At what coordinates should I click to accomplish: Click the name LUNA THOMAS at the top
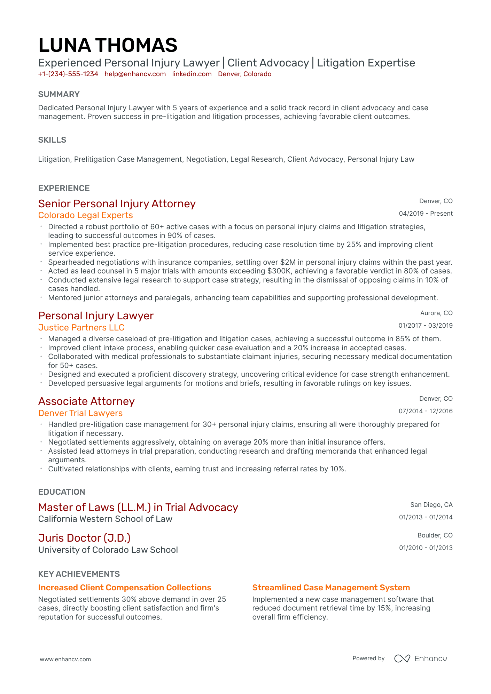pyautogui.click(x=108, y=46)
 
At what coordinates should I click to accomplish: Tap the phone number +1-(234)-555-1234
pyautogui.click(x=68, y=74)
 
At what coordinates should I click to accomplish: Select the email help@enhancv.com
pyautogui.click(x=135, y=74)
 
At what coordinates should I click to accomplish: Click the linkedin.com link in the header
pyautogui.click(x=192, y=74)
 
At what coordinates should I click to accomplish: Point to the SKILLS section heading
pyautogui.click(x=52, y=140)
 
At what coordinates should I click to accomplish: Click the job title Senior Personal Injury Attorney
pyautogui.click(x=117, y=204)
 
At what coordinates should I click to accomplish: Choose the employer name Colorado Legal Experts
pyautogui.click(x=85, y=215)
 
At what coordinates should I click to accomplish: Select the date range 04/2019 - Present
pyautogui.click(x=426, y=214)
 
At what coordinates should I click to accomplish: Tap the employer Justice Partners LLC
pyautogui.click(x=81, y=328)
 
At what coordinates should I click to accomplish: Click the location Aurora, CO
pyautogui.click(x=436, y=313)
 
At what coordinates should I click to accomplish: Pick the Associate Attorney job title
pyautogui.click(x=86, y=401)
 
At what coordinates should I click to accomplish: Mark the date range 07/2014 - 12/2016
pyautogui.click(x=426, y=411)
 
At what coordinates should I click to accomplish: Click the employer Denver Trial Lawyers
pyautogui.click(x=80, y=413)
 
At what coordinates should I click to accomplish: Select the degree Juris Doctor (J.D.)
pyautogui.click(x=84, y=538)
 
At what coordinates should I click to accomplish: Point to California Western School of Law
pyautogui.click(x=105, y=519)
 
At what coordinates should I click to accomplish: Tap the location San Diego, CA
pyautogui.click(x=431, y=505)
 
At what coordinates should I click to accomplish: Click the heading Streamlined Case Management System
pyautogui.click(x=331, y=588)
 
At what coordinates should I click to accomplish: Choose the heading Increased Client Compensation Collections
pyautogui.click(x=125, y=588)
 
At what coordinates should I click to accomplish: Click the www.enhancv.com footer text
pyautogui.click(x=65, y=659)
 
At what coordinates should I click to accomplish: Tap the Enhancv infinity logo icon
pyautogui.click(x=402, y=659)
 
